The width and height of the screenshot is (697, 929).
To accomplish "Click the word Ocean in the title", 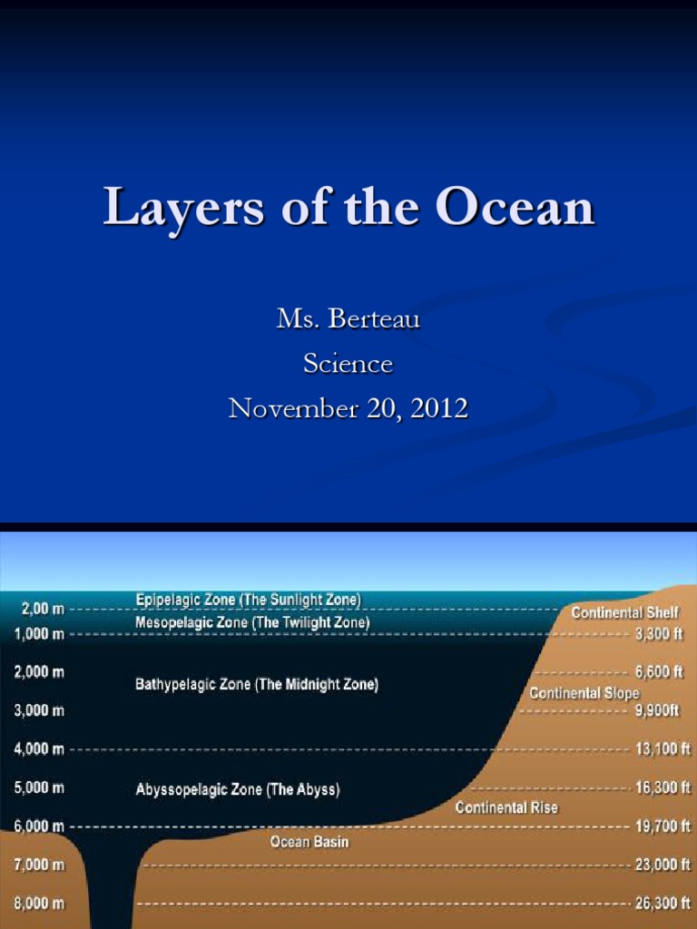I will (515, 208).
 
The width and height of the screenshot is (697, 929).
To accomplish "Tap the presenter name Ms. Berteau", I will (348, 319).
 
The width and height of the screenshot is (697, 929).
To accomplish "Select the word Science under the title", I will (348, 364).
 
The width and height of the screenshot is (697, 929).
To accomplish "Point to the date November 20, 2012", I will (348, 408).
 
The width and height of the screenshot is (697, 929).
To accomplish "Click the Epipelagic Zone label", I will (248, 600).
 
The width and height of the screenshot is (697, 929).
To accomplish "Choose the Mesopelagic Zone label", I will (252, 622).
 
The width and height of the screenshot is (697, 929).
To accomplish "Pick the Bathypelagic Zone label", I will (257, 685).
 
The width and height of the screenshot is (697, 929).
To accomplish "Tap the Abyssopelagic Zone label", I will (238, 789).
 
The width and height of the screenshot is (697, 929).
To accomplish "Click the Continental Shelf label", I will (624, 613).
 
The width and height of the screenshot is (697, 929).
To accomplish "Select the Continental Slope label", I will (584, 693).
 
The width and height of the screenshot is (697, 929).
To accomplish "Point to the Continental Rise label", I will (506, 807).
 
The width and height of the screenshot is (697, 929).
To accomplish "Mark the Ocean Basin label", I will (309, 842).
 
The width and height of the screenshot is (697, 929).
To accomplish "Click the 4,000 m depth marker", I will (39, 749).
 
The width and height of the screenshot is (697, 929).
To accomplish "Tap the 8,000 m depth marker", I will (39, 904).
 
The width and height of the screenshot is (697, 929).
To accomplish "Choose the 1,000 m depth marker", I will (39, 634).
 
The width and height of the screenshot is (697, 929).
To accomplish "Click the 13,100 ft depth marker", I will (663, 749).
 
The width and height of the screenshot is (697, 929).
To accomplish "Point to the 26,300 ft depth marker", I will (663, 904).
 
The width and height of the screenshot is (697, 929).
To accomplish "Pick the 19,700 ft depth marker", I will (663, 826).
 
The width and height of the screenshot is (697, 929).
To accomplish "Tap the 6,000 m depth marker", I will (39, 826).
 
